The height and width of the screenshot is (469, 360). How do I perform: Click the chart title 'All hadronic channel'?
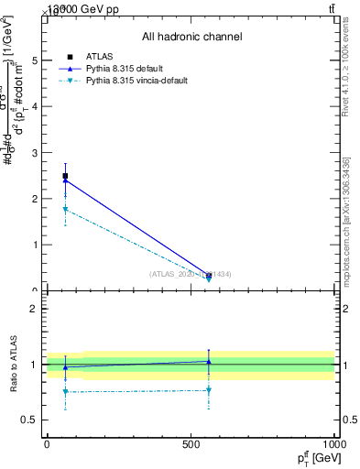point(191,37)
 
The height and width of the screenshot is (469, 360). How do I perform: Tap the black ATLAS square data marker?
point(65,176)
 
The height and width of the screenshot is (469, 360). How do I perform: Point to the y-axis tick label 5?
point(35,60)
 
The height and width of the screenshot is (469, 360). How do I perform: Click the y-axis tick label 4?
point(35,106)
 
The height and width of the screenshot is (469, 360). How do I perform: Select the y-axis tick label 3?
point(35,153)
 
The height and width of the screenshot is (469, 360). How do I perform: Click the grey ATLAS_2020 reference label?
point(191,274)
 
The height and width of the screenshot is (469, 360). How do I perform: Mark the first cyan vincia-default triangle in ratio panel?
point(65,392)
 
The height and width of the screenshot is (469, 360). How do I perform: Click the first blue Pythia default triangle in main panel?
point(65,180)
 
